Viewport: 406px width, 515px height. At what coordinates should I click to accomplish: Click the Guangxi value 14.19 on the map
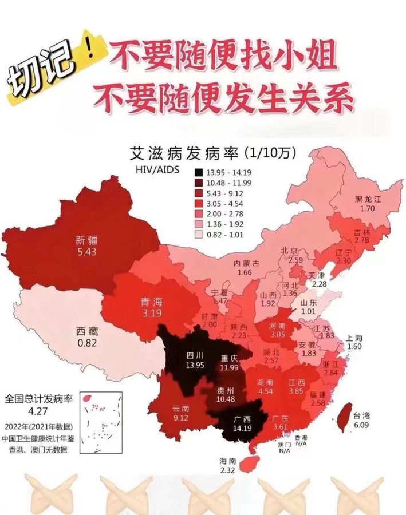(241, 429)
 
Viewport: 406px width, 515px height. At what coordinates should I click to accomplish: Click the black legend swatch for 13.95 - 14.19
(198, 172)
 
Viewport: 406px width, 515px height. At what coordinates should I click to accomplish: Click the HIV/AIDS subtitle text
(156, 170)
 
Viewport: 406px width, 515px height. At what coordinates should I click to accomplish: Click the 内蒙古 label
(247, 264)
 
